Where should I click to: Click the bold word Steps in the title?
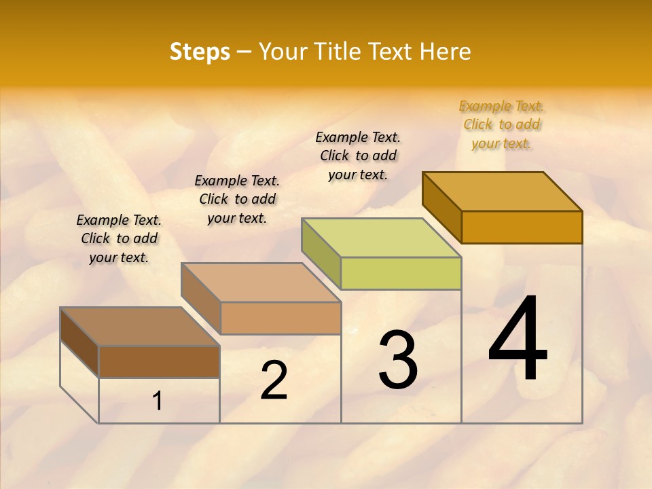pyautogui.click(x=200, y=52)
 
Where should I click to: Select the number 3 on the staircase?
pyautogui.click(x=398, y=360)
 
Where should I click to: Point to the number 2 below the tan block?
pyautogui.click(x=274, y=380)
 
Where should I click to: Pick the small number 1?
pyautogui.click(x=158, y=401)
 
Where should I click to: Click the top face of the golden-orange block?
pyautogui.click(x=503, y=191)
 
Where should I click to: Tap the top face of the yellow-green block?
pyautogui.click(x=382, y=237)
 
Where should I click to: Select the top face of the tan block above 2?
pyautogui.click(x=261, y=282)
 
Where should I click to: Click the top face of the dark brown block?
pyautogui.click(x=140, y=327)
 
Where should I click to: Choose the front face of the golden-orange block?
pyautogui.click(x=522, y=227)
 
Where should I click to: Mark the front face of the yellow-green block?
pyautogui.click(x=401, y=273)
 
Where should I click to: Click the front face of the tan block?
pyautogui.click(x=280, y=318)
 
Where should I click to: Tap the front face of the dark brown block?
pyautogui.click(x=159, y=361)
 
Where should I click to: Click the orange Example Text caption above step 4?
pyautogui.click(x=502, y=124)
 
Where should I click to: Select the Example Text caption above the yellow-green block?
pyautogui.click(x=358, y=156)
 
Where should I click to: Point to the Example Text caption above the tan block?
pyautogui.click(x=237, y=199)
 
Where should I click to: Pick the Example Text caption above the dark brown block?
pyautogui.click(x=119, y=238)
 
